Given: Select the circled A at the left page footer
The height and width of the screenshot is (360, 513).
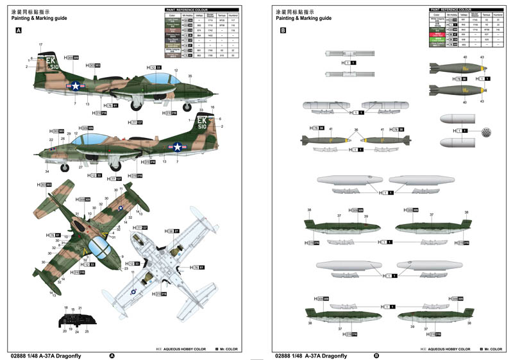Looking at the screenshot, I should click(112, 356).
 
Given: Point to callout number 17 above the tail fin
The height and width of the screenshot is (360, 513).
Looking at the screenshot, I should click(40, 44).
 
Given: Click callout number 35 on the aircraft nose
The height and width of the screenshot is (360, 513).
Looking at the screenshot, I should click(190, 76).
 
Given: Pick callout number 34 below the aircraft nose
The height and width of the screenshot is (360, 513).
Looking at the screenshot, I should click(47, 171).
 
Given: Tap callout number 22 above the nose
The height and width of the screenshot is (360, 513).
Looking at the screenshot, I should click(51, 139).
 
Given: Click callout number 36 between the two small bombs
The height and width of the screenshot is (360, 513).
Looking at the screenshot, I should click(357, 130).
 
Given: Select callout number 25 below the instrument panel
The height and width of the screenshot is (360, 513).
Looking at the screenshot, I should click(87, 332).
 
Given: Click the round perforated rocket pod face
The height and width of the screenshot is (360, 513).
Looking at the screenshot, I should click(488, 132).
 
